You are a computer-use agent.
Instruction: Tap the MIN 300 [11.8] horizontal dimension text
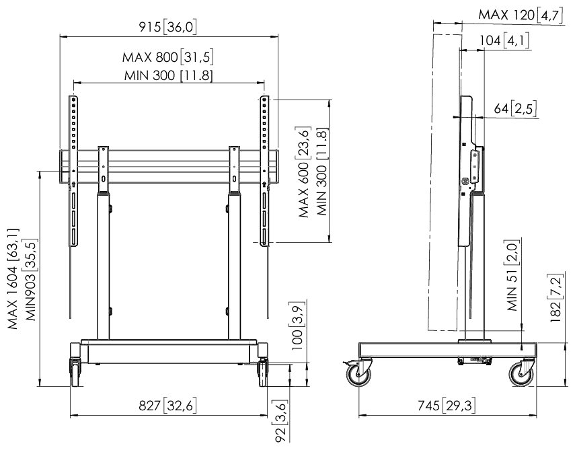click(x=168, y=75)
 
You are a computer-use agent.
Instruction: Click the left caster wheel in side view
click(x=358, y=375)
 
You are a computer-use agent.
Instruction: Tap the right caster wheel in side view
click(x=521, y=375)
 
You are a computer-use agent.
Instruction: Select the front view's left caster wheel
click(x=75, y=373)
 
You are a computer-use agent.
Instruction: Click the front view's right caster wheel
click(x=263, y=373)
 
